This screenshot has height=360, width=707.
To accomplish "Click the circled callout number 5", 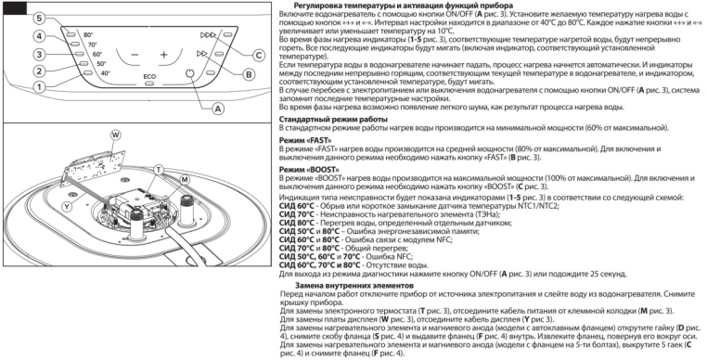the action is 40,19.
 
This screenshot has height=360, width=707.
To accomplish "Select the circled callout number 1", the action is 40,86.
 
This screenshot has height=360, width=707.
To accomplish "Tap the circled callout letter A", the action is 218,109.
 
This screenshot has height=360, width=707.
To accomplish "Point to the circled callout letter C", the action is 258,56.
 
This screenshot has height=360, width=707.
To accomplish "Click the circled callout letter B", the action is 249,75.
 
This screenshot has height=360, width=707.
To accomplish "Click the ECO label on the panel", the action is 149,77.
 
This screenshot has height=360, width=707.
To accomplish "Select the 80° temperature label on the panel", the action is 88,34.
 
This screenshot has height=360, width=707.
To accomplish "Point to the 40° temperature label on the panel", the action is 106,73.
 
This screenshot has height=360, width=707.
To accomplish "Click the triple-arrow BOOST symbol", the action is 208,35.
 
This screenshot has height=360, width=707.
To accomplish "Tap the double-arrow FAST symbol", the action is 202,54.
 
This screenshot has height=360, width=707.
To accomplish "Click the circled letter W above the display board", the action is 116,135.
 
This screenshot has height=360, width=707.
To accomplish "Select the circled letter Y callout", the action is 67,206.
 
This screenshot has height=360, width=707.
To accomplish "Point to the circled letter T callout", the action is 158,170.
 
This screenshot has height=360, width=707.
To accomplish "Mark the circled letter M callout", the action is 185,180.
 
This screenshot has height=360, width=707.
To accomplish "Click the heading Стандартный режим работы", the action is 333,120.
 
